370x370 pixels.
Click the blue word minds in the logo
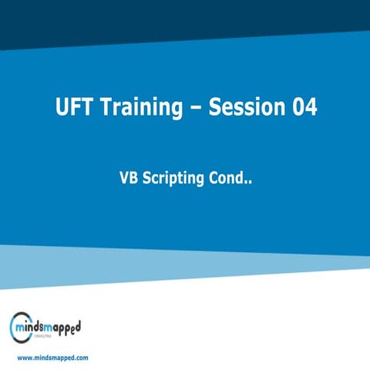(37, 328)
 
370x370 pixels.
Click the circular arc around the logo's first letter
(13, 327)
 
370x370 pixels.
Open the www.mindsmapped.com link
(52, 358)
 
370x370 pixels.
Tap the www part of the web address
(25, 358)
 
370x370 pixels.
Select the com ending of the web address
(81, 358)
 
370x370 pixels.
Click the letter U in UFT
(61, 107)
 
